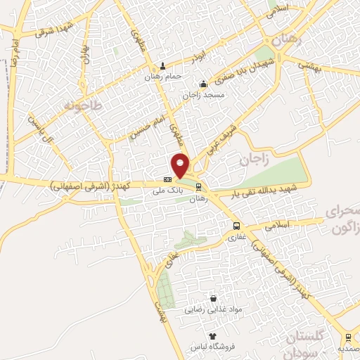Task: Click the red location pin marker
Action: pyautogui.click(x=181, y=165)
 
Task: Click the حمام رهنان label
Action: pyautogui.click(x=164, y=76)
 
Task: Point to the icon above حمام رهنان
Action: pyautogui.click(x=163, y=66)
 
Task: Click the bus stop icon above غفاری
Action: pyautogui.click(x=236, y=226)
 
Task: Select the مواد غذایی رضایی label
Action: pyautogui.click(x=212, y=309)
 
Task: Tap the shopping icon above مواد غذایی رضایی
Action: pyautogui.click(x=213, y=298)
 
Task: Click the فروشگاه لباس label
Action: pyautogui.click(x=212, y=347)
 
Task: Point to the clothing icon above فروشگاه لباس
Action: pyautogui.click(x=212, y=336)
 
